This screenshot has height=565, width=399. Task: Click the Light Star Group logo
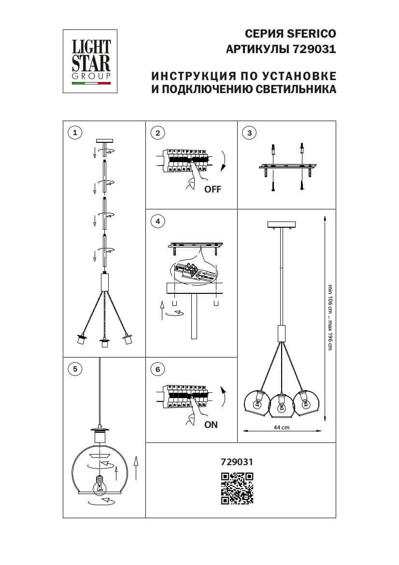[x=91, y=61]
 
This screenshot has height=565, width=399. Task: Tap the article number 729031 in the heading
[x=314, y=49]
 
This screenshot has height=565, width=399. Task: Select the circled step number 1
[x=75, y=133]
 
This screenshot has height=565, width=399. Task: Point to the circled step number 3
[x=249, y=133]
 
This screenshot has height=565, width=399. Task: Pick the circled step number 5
[x=75, y=369]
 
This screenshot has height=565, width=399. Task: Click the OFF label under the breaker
[x=213, y=190]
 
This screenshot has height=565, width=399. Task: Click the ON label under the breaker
[x=211, y=425]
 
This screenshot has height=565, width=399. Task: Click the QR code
[x=237, y=488]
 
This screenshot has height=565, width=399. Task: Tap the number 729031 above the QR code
[x=237, y=462]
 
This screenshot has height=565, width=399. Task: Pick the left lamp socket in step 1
[x=82, y=339]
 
